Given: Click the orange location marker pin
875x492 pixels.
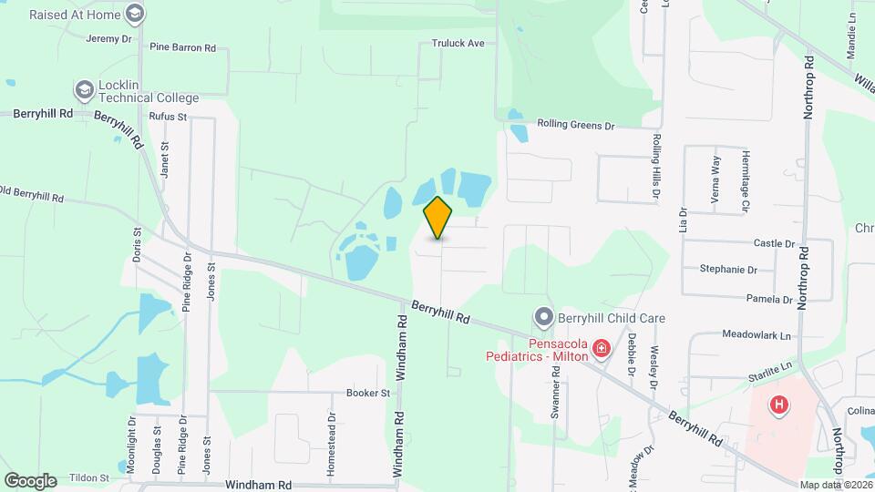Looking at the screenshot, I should [x=438, y=218].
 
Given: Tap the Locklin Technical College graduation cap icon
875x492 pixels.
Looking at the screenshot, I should [x=85, y=89].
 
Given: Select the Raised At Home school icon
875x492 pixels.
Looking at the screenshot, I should [x=136, y=14].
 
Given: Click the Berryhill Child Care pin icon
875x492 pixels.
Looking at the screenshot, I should [x=544, y=318].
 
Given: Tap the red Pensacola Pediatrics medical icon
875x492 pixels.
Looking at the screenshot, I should [x=601, y=349].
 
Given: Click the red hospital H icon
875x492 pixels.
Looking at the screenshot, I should [x=779, y=405].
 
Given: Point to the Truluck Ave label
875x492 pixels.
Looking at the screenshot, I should [x=458, y=43].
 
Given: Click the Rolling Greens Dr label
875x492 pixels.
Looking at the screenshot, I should [x=576, y=124].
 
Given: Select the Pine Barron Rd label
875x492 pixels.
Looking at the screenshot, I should [x=182, y=46].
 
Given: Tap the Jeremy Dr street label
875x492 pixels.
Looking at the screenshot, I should [x=108, y=38].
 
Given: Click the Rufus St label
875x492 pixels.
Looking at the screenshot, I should [x=168, y=117].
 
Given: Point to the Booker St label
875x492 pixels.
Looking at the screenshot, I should [x=367, y=394].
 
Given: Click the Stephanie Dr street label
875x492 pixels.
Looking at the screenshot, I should [x=728, y=270].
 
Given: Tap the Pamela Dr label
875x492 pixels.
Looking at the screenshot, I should [x=768, y=299].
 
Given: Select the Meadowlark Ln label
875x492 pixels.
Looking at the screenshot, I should [x=757, y=335].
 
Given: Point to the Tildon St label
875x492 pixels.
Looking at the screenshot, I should [x=88, y=477].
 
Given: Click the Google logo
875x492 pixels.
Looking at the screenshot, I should [x=30, y=481].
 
